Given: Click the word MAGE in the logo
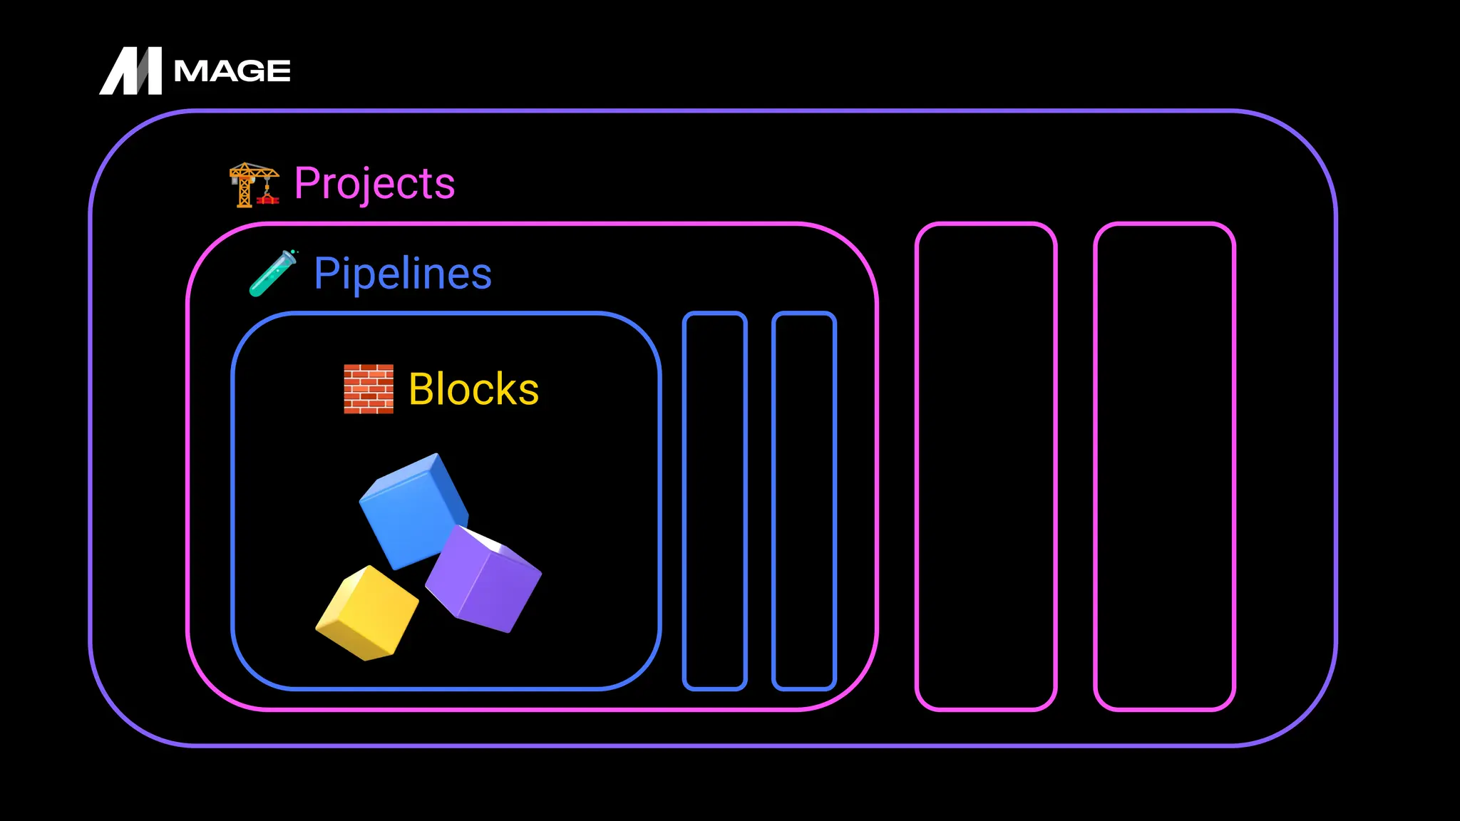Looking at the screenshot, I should [232, 71].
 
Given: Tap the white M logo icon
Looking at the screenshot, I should [131, 71].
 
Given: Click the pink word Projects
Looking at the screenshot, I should [374, 184].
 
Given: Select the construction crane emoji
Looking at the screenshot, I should [253, 185].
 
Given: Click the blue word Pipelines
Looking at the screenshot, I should [403, 274].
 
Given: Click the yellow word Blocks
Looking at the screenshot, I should [473, 389].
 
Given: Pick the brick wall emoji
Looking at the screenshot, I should [369, 389].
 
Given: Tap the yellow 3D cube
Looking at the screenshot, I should [367, 613].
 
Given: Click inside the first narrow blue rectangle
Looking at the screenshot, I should [714, 501].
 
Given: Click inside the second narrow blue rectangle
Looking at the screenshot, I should [803, 501].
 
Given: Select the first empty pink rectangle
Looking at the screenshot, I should [985, 467].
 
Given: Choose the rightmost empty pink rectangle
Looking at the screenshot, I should [1164, 467].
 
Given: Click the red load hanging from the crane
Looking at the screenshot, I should [268, 200].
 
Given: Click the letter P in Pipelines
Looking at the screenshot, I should [326, 273].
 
